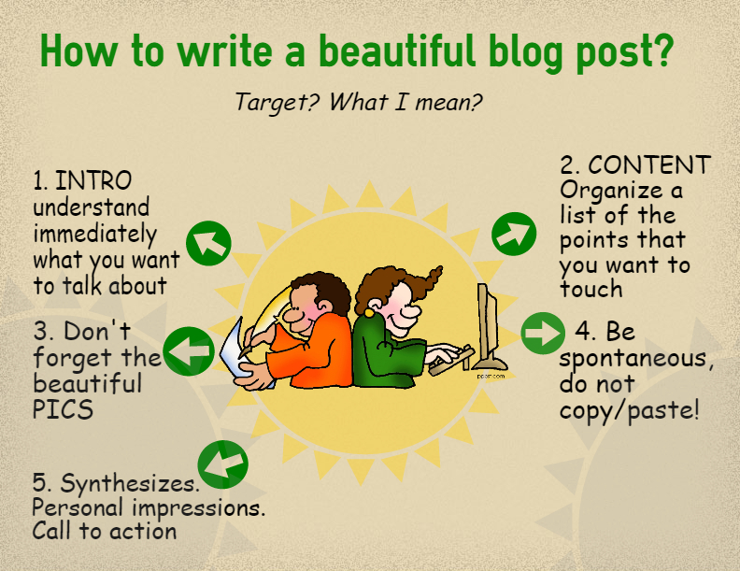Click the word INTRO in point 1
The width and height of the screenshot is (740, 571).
click(93, 180)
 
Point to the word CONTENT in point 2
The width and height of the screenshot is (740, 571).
click(649, 165)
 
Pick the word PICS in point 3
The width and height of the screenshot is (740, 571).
click(63, 409)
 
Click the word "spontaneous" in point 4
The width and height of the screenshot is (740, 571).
click(633, 360)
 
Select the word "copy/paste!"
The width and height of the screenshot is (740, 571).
click(630, 409)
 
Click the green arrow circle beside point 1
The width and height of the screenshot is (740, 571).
click(208, 243)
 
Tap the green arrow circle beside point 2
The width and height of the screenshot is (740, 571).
click(514, 234)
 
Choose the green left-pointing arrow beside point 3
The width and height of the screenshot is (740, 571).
click(190, 351)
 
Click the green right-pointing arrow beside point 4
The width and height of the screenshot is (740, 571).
click(543, 334)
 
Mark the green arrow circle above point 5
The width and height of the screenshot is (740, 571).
click(222, 464)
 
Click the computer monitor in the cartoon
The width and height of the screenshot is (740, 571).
click(490, 325)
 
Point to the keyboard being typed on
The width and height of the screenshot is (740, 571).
click(450, 362)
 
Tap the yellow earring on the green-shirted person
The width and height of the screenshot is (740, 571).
click(369, 313)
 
